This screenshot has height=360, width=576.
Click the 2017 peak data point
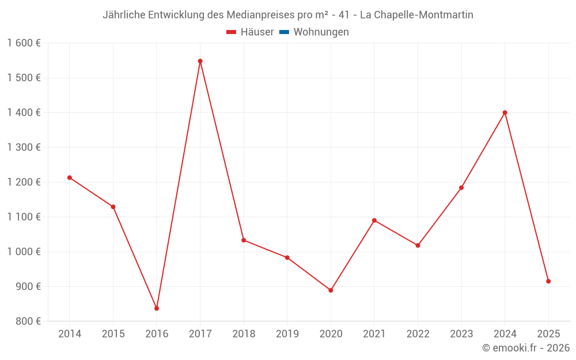[200, 61]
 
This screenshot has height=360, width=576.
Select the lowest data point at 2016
[157, 308]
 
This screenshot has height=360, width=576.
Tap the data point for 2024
[505, 113]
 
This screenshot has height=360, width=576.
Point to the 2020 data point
[331, 290]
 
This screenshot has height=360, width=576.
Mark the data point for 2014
[70, 177]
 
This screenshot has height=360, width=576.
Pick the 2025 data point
[548, 281]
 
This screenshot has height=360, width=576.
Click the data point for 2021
[374, 221]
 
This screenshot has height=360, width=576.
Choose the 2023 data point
[461, 188]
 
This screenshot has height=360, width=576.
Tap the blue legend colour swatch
[284, 32]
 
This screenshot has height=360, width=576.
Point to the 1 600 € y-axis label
[24, 43]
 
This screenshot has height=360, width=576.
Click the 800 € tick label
[28, 321]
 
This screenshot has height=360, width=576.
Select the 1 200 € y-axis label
[24, 182]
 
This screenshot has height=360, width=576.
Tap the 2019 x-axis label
[287, 334]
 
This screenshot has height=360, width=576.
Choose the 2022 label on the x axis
[418, 334]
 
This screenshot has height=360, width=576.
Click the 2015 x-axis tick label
[113, 334]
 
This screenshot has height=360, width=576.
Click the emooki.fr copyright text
[526, 348]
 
